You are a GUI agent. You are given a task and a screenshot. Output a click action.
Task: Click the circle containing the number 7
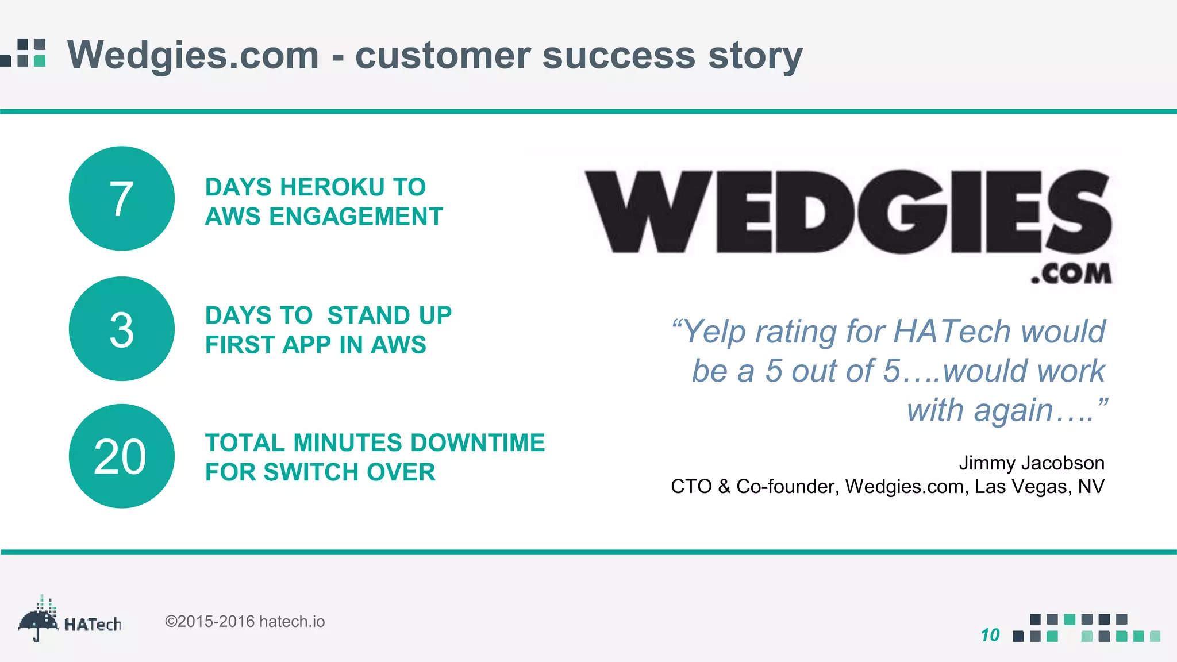click(x=121, y=198)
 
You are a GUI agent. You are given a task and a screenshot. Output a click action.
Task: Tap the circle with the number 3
click(x=121, y=329)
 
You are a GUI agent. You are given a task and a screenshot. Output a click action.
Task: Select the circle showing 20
click(x=121, y=456)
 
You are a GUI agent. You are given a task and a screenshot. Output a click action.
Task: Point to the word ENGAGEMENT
click(x=356, y=217)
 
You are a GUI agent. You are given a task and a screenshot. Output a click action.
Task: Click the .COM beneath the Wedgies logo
click(x=1071, y=274)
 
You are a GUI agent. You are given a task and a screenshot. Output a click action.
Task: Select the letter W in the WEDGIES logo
click(x=647, y=213)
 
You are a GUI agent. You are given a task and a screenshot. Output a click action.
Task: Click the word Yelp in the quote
click(x=715, y=332)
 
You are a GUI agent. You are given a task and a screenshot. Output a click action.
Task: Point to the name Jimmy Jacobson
click(x=1031, y=463)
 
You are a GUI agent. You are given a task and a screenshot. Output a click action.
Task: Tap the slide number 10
click(x=990, y=635)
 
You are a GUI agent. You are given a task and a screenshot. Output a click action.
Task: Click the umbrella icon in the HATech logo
click(x=38, y=621)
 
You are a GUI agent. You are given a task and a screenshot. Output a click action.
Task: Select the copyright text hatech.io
click(x=291, y=622)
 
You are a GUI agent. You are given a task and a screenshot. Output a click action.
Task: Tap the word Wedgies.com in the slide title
click(x=193, y=56)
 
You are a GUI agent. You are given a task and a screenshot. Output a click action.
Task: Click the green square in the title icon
click(x=40, y=60)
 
